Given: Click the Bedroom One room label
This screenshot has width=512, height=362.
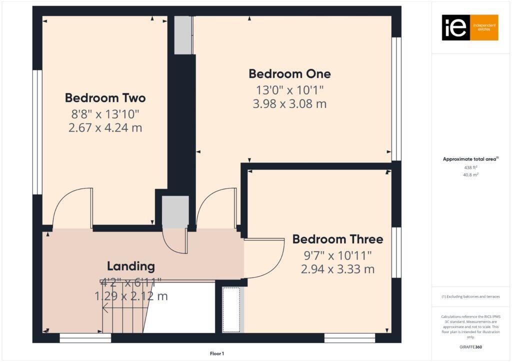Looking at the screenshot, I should [289, 74].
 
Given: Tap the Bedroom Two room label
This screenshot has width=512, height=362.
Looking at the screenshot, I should [105, 97].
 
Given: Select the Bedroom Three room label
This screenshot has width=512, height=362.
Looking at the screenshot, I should [337, 239].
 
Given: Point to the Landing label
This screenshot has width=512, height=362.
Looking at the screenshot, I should [130, 266].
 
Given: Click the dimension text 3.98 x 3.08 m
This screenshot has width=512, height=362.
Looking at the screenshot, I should [289, 104].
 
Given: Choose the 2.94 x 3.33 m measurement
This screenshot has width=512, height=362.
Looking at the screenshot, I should [337, 269].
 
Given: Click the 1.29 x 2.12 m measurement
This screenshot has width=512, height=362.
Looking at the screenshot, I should [131, 296].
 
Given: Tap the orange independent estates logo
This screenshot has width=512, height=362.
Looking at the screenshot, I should [470, 27].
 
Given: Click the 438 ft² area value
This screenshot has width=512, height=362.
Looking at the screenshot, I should [471, 168].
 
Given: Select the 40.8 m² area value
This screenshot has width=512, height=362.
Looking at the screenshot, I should [471, 174].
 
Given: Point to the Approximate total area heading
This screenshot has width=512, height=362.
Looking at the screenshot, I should [470, 159].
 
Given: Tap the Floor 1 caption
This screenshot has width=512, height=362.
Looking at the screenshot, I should [217, 353].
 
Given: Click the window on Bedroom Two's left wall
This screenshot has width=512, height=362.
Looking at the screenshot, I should [37, 132].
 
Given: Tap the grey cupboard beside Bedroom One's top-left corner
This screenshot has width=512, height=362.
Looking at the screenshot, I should [183, 35].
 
